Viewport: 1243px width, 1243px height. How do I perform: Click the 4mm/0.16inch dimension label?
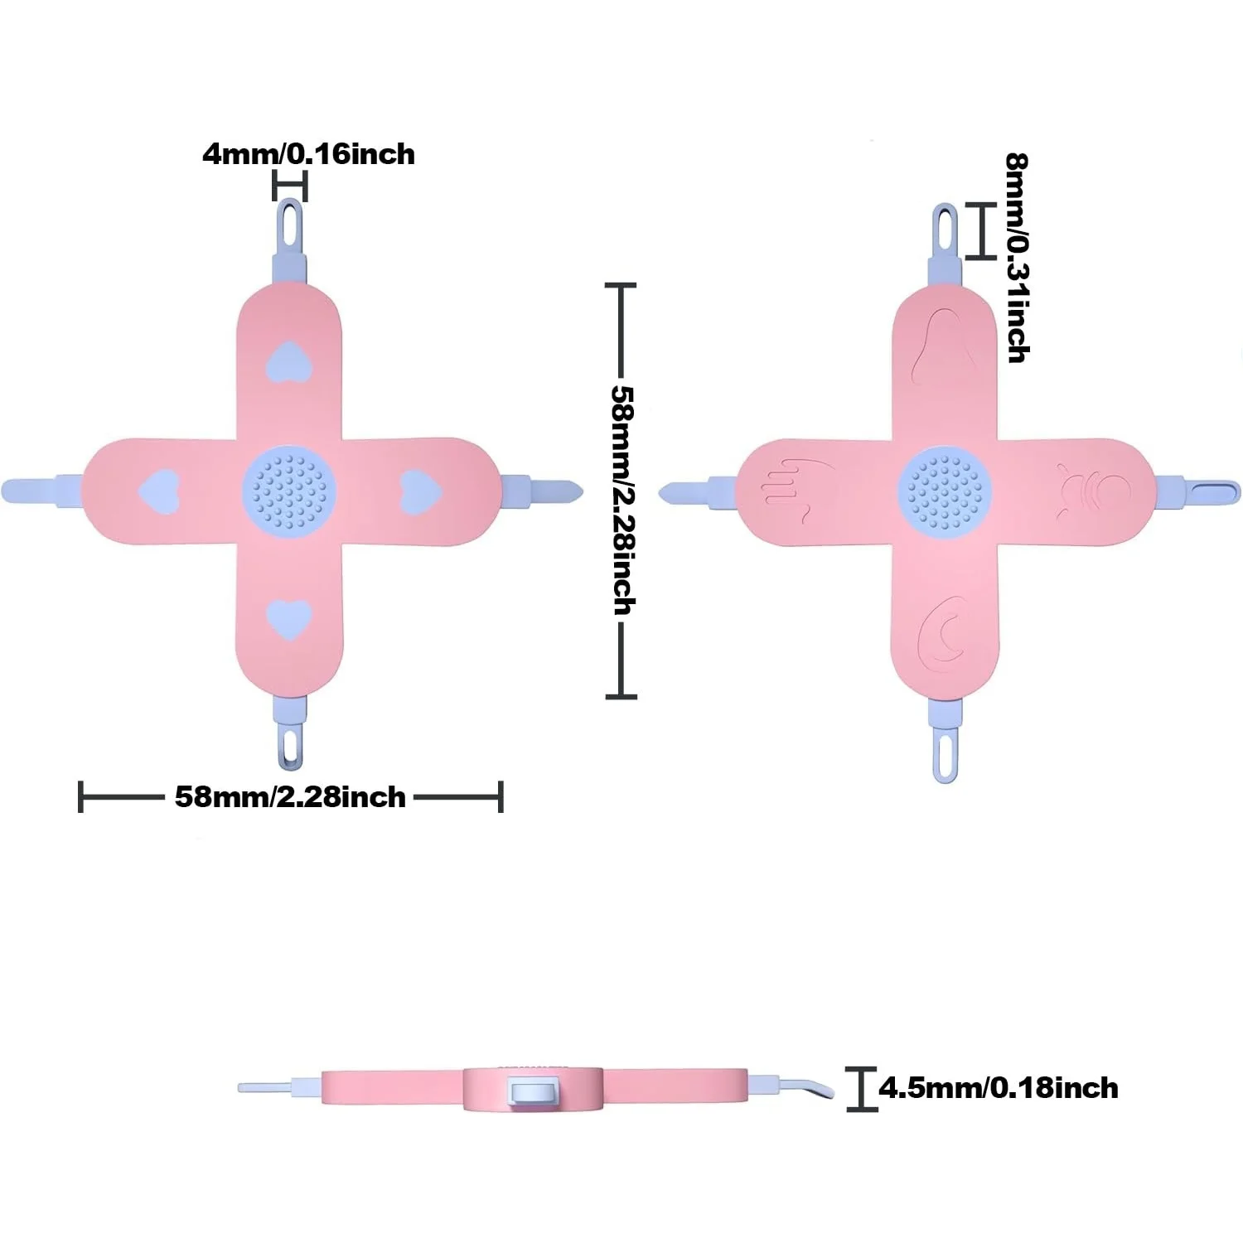point(308,154)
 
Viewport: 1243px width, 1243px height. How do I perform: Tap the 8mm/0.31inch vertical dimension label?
point(1017,258)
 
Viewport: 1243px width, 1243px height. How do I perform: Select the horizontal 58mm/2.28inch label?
point(290,797)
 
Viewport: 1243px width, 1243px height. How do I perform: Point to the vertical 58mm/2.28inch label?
point(622,500)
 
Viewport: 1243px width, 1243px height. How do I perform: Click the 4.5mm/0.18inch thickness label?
point(999,1087)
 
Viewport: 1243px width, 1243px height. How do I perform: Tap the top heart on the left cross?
point(289,361)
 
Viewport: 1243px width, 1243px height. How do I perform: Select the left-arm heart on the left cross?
point(159,491)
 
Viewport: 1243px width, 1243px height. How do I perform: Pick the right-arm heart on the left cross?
point(421,491)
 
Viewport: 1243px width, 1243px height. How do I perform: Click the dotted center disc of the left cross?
point(289,491)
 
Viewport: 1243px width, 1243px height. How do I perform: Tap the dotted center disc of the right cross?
point(945,491)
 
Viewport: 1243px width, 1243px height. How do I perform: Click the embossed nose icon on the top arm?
point(936,346)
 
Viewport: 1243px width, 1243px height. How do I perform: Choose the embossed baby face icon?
point(1093,492)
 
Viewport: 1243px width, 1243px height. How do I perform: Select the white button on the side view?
point(532,1091)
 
